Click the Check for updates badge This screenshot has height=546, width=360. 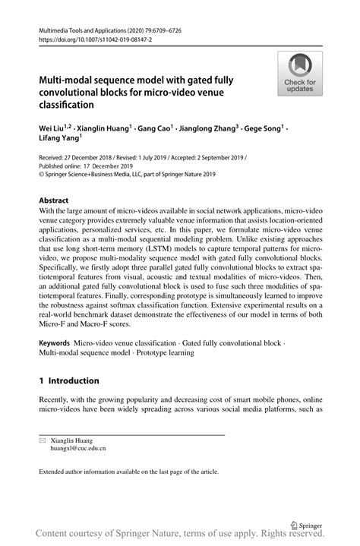tap(300, 74)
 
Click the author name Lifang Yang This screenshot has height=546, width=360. tap(59, 139)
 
